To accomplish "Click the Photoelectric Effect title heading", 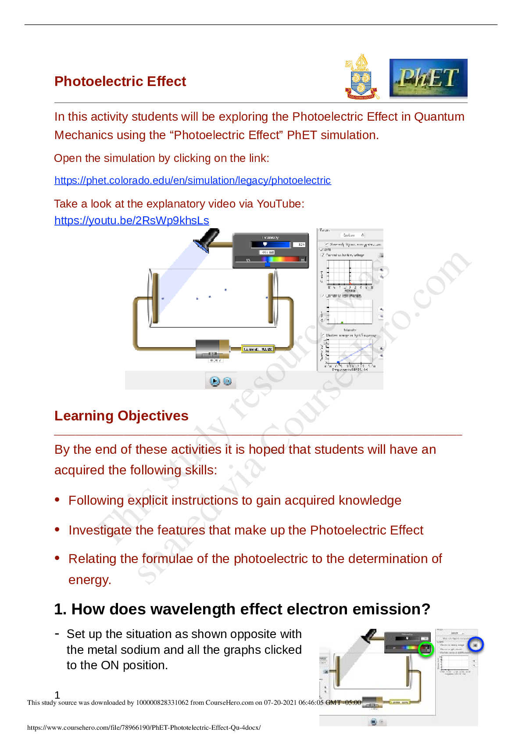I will pyautogui.click(x=120, y=81).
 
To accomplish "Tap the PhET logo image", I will pyautogui.click(x=428, y=79).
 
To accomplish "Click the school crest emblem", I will pyautogui.click(x=361, y=78).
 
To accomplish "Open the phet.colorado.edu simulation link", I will pyautogui.click(x=193, y=180).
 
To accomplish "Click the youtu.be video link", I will pyautogui.click(x=132, y=220).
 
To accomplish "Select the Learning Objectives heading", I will pyautogui.click(x=122, y=416).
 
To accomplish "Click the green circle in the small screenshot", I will pyautogui.click(x=425, y=649).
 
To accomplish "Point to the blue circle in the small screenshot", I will pyautogui.click(x=476, y=644).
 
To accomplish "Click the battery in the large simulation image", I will pyautogui.click(x=212, y=349).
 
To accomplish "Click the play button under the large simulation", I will pyautogui.click(x=215, y=381).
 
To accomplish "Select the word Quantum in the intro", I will pyautogui.click(x=439, y=117).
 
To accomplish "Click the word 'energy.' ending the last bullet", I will pyautogui.click(x=90, y=580).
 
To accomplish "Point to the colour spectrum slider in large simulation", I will pyautogui.click(x=270, y=260).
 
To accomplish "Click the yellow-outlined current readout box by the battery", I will pyautogui.click(x=258, y=349).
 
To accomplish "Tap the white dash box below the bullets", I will pyautogui.click(x=60, y=633).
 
